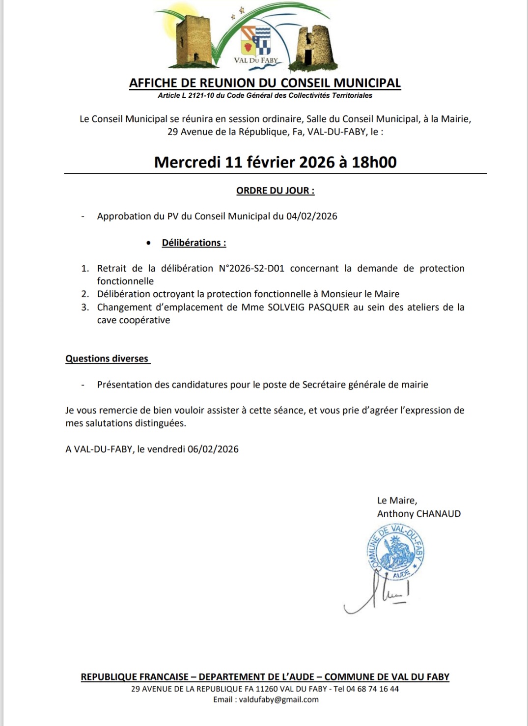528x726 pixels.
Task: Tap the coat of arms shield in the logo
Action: [x=256, y=40]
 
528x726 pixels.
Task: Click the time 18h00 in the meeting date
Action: [x=374, y=162]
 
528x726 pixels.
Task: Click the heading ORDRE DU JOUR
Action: [x=275, y=191]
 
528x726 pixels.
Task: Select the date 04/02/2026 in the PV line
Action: [x=312, y=216]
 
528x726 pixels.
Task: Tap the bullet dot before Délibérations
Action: [x=148, y=243]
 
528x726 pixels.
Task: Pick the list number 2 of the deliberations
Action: [x=85, y=294]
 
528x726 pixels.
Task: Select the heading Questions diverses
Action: [x=107, y=359]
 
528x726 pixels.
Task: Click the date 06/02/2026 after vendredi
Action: [x=213, y=449]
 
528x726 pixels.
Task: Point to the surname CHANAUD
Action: [x=439, y=514]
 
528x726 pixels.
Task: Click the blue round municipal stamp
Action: [x=396, y=551]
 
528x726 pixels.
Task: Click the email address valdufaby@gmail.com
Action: [x=279, y=699]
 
